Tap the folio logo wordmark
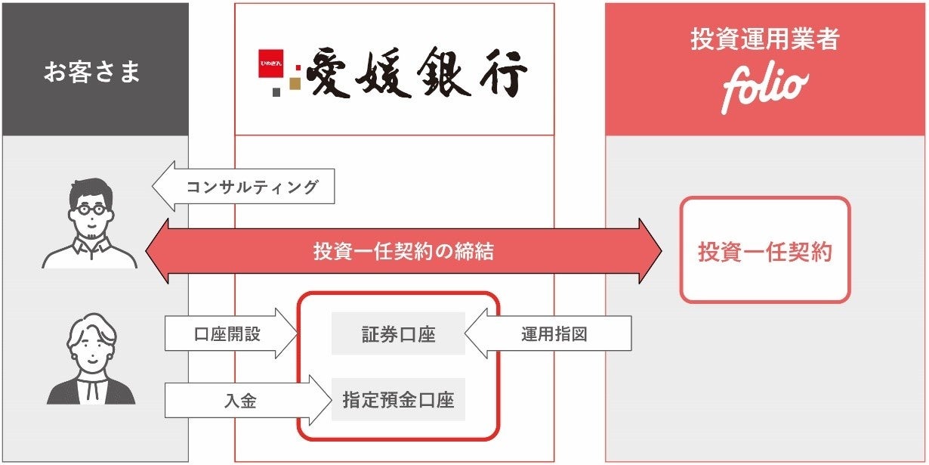[x=764, y=89]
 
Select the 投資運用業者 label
[x=764, y=39]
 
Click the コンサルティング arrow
[x=243, y=186]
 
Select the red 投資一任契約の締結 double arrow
[x=403, y=251]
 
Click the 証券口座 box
[x=398, y=333]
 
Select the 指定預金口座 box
[x=398, y=399]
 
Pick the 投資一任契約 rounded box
[x=764, y=251]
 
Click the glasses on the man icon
[x=90, y=211]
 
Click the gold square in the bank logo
[x=295, y=82]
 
